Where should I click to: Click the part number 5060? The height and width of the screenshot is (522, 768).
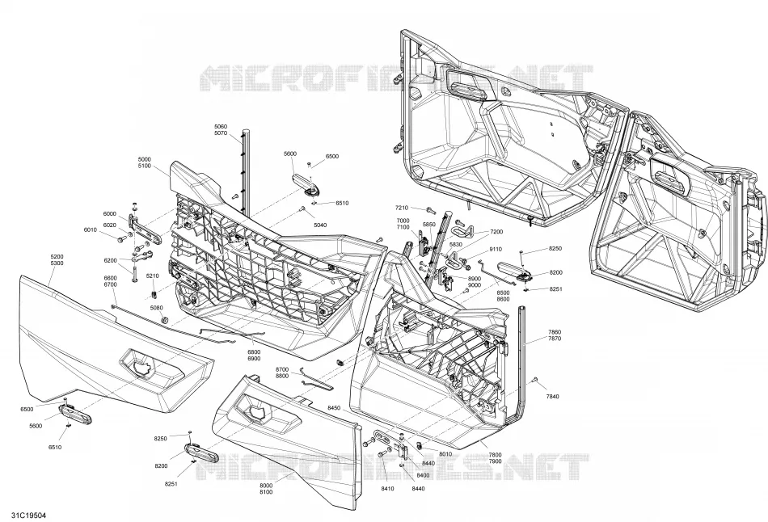221,127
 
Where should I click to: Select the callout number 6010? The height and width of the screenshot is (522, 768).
90,229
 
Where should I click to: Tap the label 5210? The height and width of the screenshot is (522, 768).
152,276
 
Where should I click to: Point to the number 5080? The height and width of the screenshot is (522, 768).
156,308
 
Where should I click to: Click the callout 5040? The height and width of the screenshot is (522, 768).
320,225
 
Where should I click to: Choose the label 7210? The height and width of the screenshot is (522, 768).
402,208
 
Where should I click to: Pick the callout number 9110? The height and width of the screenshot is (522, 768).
496,249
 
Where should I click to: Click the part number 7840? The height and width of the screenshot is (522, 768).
552,396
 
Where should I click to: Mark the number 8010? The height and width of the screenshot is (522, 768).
445,454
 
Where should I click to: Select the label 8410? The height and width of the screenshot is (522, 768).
387,488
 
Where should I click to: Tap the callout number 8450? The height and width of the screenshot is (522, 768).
334,408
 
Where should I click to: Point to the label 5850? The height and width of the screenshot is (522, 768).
428,225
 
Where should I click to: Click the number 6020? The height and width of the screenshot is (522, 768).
110,225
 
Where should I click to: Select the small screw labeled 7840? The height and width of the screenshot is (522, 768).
535,380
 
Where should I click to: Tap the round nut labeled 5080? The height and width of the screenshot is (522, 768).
165,320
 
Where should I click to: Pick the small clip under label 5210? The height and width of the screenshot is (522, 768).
154,294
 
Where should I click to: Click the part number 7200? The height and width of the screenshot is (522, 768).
496,232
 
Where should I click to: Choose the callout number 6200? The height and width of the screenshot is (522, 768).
110,260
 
